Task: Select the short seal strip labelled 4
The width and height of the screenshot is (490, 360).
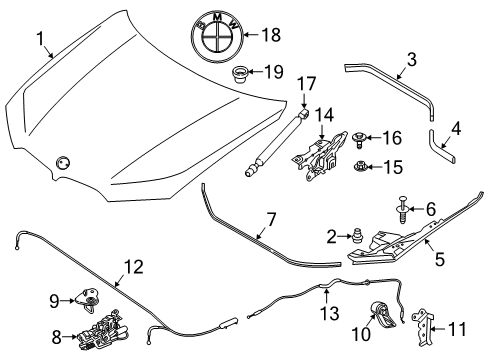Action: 440,147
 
